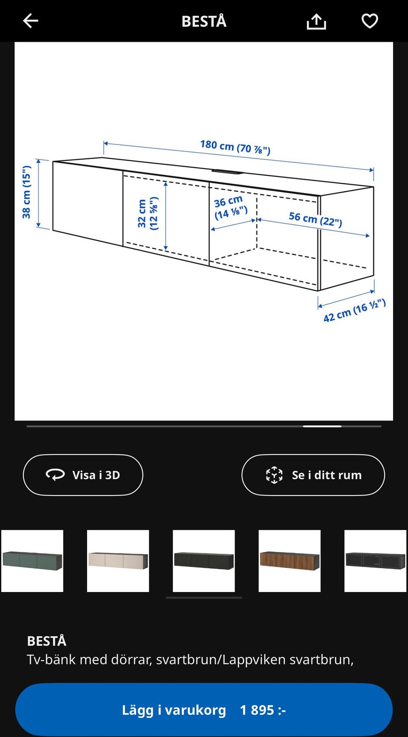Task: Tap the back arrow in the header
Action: pyautogui.click(x=31, y=20)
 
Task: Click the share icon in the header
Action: pyautogui.click(x=316, y=21)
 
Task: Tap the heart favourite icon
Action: pyautogui.click(x=369, y=21)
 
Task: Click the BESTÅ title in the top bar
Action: pyautogui.click(x=204, y=21)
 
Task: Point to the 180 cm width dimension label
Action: pyautogui.click(x=235, y=147)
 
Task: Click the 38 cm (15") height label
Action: pyautogui.click(x=27, y=192)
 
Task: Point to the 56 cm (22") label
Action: pyautogui.click(x=315, y=219)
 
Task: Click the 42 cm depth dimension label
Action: pyautogui.click(x=354, y=310)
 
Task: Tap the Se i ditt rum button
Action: pyautogui.click(x=313, y=475)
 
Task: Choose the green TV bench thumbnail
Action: pyautogui.click(x=32, y=561)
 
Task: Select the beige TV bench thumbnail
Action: pyautogui.click(x=118, y=561)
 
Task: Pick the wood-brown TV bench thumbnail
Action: pyautogui.click(x=289, y=561)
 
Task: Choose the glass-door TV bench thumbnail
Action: pyautogui.click(x=375, y=561)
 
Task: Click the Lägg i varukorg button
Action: pyautogui.click(x=174, y=710)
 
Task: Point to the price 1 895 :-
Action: pyautogui.click(x=263, y=710)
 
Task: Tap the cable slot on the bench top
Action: pyautogui.click(x=227, y=172)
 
